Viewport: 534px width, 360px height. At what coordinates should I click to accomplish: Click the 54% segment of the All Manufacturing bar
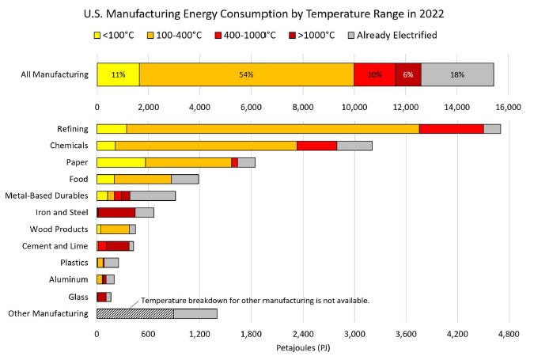pos(246,74)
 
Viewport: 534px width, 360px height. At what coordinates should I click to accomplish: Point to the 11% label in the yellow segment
pos(118,74)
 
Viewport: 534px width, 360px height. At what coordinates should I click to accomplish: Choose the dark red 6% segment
pos(407,74)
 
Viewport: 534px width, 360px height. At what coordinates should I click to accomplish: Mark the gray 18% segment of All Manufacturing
pos(457,74)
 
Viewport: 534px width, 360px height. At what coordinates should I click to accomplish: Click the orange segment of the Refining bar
pos(272,128)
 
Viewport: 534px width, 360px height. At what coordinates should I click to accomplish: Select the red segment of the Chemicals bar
pos(316,145)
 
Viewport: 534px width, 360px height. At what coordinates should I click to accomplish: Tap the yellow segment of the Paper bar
pos(120,162)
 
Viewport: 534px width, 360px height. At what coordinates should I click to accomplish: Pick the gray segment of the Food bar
pos(184,179)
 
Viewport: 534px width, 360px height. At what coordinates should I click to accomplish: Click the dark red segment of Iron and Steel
pos(116,212)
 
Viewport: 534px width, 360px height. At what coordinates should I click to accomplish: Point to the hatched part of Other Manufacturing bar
pos(134,313)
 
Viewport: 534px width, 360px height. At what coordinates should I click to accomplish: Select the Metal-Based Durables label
pos(46,195)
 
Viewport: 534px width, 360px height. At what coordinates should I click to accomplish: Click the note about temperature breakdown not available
pos(255,301)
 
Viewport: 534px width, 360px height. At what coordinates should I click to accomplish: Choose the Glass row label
pos(78,297)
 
